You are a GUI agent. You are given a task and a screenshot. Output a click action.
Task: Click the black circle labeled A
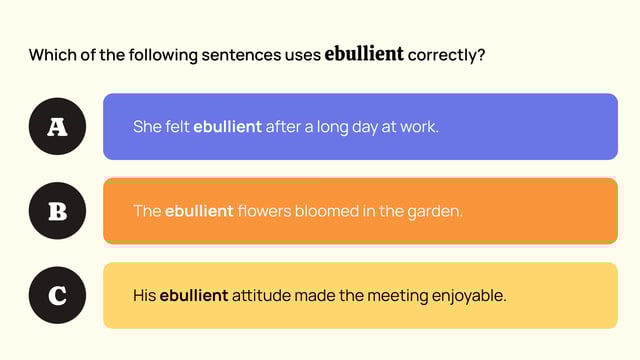click(57, 127)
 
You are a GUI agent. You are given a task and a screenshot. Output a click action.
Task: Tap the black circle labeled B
click(57, 212)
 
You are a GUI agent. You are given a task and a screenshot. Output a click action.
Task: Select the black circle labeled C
click(57, 296)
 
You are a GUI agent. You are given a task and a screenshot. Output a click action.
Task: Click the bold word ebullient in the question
click(364, 54)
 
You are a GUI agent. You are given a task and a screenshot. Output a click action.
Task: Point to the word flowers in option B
click(264, 212)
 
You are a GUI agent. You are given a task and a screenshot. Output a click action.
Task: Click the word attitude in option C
click(263, 296)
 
